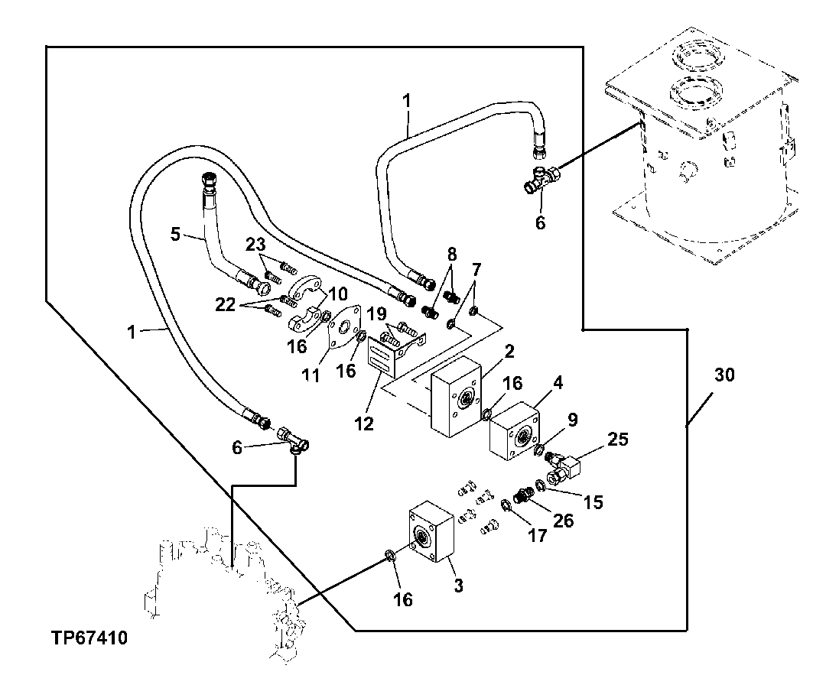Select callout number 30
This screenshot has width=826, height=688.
(724, 375)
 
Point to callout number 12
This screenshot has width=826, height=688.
(365, 423)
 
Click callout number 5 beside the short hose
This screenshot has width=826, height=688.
(176, 235)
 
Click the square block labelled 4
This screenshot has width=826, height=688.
(515, 430)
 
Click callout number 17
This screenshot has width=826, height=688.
(538, 535)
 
